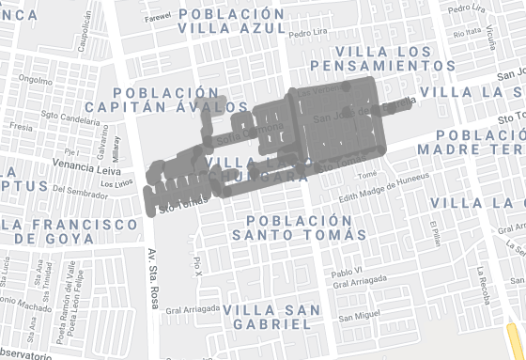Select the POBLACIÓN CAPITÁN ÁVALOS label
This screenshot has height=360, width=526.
pos(174,101)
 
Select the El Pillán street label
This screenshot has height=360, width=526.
pos(433,231)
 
